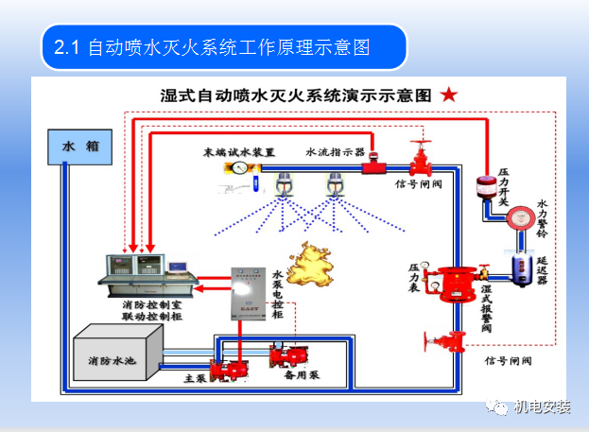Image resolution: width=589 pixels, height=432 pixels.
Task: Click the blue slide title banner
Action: [x=223, y=47]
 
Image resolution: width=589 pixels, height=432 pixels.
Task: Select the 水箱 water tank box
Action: [x=79, y=147]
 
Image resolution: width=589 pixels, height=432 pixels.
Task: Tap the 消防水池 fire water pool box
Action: [x=116, y=358]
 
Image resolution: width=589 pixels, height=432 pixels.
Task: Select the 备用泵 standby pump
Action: [x=288, y=357]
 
